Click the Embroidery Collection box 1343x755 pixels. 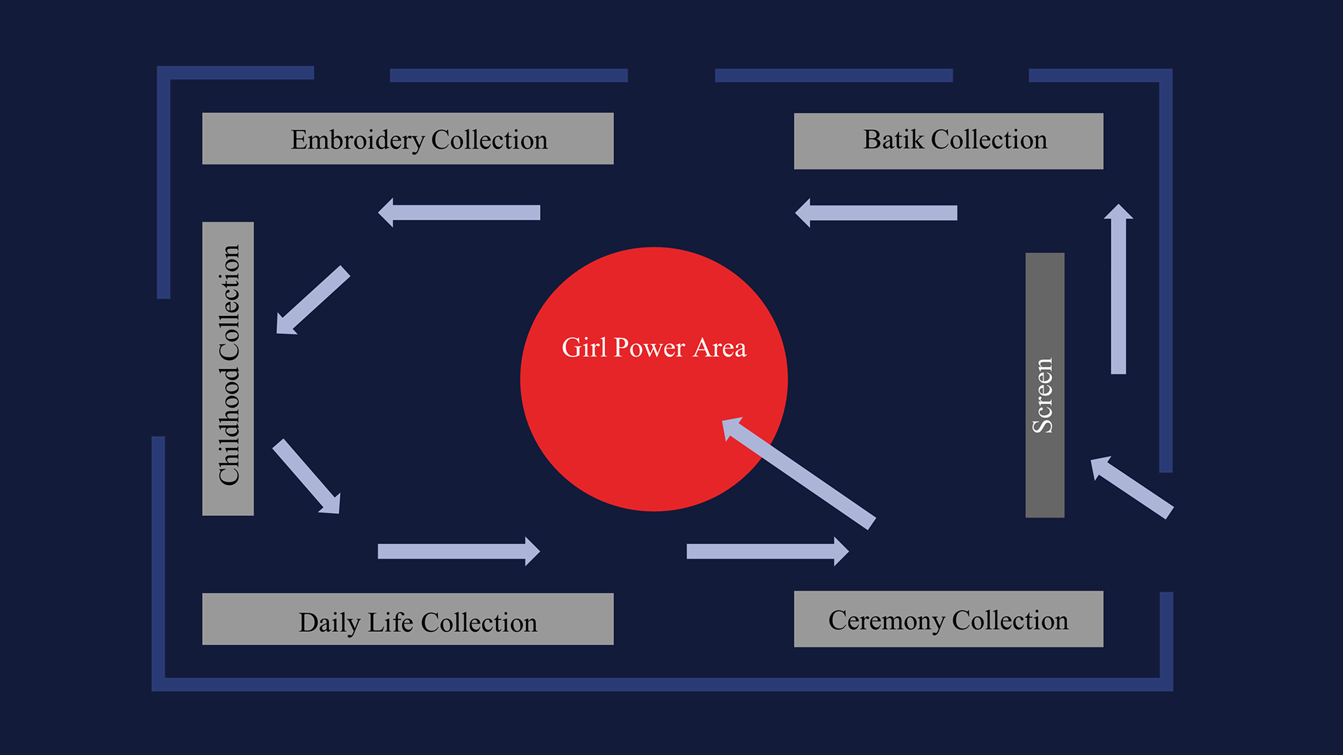(x=408, y=138)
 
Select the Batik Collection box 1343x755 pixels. (x=948, y=141)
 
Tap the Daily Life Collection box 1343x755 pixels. (x=408, y=619)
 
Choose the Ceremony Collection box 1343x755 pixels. (x=948, y=619)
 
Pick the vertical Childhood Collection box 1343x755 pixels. (x=228, y=368)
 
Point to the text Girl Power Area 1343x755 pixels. (x=654, y=347)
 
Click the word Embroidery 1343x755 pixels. (x=357, y=141)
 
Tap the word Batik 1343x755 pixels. (x=893, y=140)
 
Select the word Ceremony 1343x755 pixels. (x=886, y=621)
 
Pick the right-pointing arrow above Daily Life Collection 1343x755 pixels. (x=459, y=552)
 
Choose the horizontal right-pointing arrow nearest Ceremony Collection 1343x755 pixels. (x=767, y=552)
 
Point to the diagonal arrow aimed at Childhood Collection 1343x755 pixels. (x=313, y=300)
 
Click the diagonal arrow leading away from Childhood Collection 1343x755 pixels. (x=307, y=477)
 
